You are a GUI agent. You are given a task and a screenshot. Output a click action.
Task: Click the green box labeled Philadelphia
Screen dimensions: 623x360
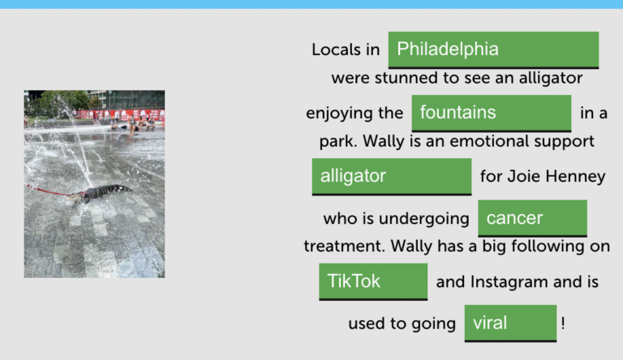493,49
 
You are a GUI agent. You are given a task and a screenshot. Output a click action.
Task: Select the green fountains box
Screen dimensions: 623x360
492,113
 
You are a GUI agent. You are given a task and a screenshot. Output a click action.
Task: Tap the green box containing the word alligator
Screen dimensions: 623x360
392,177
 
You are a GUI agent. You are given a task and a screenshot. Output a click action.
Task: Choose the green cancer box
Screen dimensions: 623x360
532,218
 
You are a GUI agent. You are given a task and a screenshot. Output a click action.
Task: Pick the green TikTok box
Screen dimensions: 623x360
373,281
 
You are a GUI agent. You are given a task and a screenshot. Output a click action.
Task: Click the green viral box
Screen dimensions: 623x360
510,323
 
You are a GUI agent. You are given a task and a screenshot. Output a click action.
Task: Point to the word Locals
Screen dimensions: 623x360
336,49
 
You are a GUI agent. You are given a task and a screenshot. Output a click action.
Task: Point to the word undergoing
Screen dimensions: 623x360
424,219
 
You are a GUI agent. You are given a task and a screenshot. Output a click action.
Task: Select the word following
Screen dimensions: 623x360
548,246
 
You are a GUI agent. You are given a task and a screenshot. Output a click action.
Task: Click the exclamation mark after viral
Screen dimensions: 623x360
563,324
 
